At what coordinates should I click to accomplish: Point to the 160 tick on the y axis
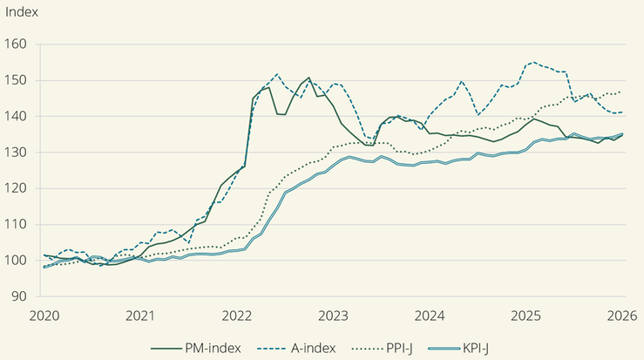[17, 44]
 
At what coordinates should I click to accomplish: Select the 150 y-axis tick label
[17, 80]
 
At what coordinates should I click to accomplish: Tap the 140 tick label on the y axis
[17, 116]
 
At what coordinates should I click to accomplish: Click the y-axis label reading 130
[17, 153]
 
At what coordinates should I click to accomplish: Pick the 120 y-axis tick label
[17, 188]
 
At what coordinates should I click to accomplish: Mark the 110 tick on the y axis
[17, 224]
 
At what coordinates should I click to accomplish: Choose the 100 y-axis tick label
[17, 261]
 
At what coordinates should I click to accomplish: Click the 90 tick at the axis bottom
[20, 296]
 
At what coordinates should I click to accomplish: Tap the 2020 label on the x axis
[43, 315]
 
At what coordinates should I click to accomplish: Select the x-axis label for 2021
[140, 315]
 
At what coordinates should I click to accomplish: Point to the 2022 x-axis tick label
[236, 315]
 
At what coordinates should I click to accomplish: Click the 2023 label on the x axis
[333, 315]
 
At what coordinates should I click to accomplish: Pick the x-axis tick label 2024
[430, 315]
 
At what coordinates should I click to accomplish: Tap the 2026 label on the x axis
[622, 315]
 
